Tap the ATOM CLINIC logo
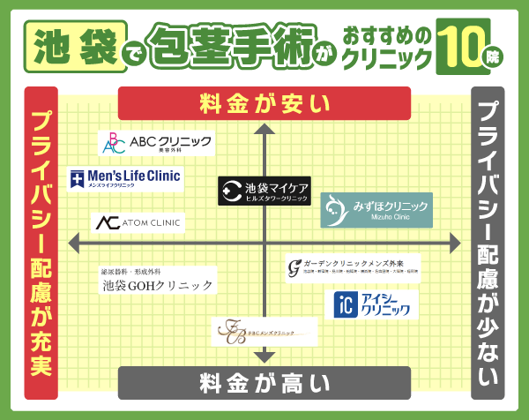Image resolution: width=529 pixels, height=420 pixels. pyautogui.click(x=138, y=222)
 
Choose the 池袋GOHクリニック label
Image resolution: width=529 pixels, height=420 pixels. pyautogui.click(x=156, y=281)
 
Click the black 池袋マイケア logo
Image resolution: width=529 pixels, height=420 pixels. pyautogui.click(x=264, y=191)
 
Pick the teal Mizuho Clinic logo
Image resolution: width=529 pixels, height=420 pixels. pyautogui.click(x=376, y=209)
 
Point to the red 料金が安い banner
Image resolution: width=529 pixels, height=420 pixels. pyautogui.click(x=264, y=103)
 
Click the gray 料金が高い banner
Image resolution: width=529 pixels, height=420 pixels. pyautogui.click(x=264, y=383)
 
